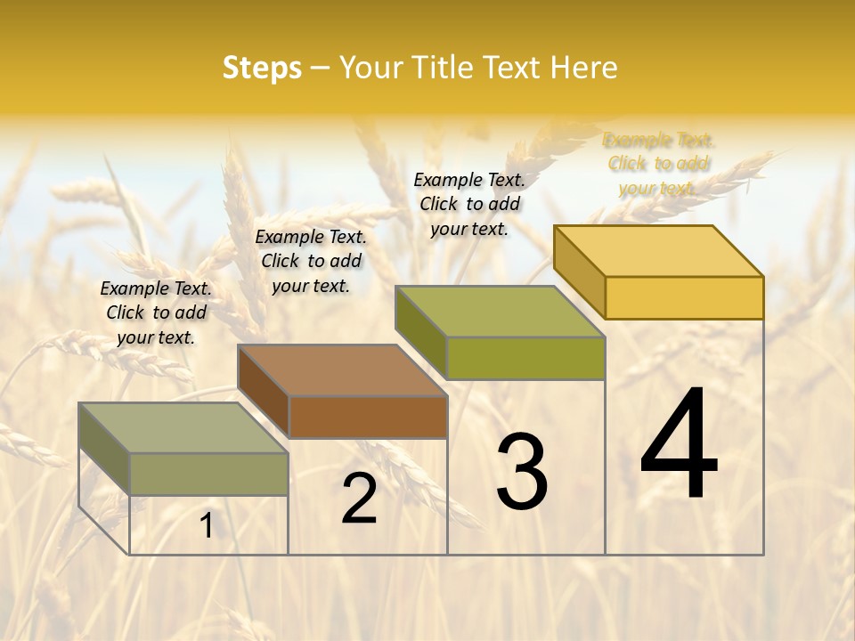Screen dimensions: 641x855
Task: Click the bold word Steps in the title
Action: (x=262, y=68)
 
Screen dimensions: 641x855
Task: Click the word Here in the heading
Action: (x=583, y=68)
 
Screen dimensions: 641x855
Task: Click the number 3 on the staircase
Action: (x=521, y=472)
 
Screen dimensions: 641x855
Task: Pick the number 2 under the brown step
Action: (x=359, y=499)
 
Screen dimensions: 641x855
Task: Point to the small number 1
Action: (x=207, y=526)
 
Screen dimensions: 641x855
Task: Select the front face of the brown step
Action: (x=368, y=417)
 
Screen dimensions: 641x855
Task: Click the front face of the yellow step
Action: (x=684, y=297)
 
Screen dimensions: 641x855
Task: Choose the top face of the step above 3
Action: (x=500, y=312)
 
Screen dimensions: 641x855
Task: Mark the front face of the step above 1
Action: (x=209, y=474)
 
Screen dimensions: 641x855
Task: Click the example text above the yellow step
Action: (x=658, y=164)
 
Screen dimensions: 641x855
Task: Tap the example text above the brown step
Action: (x=311, y=261)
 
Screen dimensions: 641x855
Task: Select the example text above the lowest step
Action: (x=156, y=312)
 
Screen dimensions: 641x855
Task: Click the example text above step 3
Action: (x=469, y=204)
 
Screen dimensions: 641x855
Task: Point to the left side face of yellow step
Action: (x=579, y=271)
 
